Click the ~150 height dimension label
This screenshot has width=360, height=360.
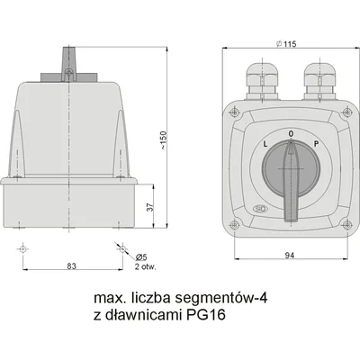tap(164, 140)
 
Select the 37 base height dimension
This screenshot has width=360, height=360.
tap(150, 207)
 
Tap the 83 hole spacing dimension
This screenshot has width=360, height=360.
tap(72, 265)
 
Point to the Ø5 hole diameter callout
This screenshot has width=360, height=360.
tap(140, 257)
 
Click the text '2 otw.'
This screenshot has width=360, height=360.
tap(145, 266)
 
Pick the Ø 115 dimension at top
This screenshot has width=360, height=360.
tap(286, 44)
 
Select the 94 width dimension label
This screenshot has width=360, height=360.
tap(290, 256)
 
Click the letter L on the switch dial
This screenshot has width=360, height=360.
tap(265, 144)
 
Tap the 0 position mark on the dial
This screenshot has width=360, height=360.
tap(291, 133)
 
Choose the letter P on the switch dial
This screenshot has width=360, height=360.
tap(316, 144)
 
